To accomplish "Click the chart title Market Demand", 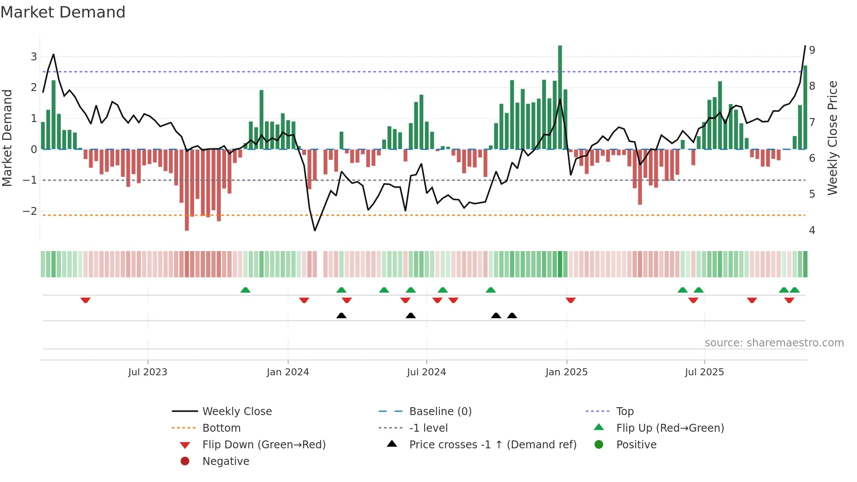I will tap(63, 12).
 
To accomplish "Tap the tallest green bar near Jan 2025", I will tap(560, 97).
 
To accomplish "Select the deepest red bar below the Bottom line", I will tap(187, 190).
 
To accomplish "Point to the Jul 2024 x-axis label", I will tap(426, 372).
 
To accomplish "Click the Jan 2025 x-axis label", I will tap(567, 372).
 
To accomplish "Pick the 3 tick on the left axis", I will tap(34, 56).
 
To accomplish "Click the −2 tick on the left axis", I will tap(30, 211).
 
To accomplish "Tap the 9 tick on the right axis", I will tap(812, 50).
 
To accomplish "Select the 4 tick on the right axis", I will tap(812, 230).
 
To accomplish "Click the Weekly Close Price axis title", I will tap(833, 138).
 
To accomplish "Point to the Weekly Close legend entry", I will tap(237, 411).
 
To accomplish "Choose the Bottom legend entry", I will tap(221, 428).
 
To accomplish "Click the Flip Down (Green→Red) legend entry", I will tap(264, 444).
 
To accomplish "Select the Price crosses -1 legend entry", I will tap(493, 444).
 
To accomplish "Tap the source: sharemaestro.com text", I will tap(774, 342).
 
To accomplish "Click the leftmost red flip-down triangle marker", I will tap(86, 300).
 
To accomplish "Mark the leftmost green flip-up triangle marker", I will tap(245, 290).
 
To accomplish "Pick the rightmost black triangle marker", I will tap(512, 315).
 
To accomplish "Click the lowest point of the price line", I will tap(315, 231).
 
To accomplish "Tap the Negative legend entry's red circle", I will tap(185, 461).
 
